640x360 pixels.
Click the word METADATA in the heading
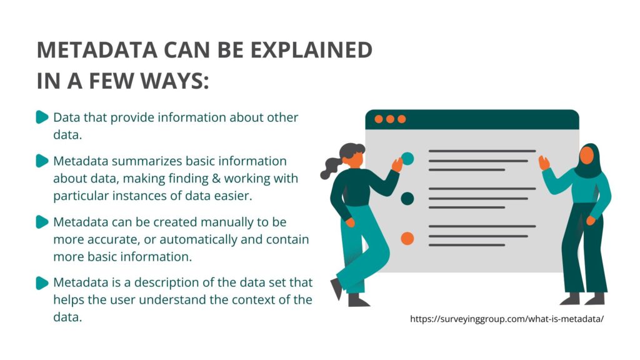(97, 50)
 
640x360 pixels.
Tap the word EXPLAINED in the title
(311, 50)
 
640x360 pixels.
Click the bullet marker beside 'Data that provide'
(42, 117)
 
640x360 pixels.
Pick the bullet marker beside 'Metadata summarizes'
(42, 161)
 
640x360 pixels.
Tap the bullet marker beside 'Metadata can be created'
(42, 222)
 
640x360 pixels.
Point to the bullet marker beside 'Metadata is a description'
(42, 283)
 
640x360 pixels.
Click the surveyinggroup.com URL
(506, 319)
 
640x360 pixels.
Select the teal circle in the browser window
(407, 158)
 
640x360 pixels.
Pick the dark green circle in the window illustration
(407, 199)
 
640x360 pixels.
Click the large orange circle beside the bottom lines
(407, 238)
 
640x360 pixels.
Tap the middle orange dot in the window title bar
(390, 119)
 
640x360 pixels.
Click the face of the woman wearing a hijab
(586, 156)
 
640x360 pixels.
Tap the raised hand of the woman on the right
(544, 163)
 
